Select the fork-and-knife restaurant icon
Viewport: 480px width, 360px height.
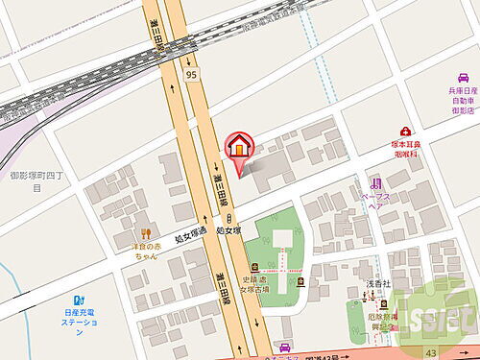tap(147, 232)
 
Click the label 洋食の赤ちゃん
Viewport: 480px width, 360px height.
tap(145, 252)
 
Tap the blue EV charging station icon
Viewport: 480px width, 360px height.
tap(80, 298)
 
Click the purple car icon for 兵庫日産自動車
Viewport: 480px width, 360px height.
tap(464, 84)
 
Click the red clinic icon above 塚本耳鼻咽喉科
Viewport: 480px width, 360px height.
tap(406, 132)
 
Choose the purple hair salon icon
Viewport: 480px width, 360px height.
tap(376, 181)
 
